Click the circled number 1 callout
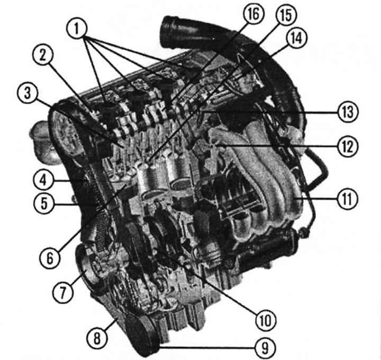coord(77,29)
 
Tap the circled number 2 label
coord(43,56)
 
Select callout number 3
coord(28,94)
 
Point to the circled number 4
coord(43,180)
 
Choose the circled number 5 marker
coord(44,204)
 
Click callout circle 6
coord(50,259)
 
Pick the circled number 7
coord(63,292)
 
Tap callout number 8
coord(97,338)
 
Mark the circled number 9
coord(265,348)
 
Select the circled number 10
coord(266,320)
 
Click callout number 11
coord(348,199)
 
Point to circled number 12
coord(348,146)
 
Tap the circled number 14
coord(297,38)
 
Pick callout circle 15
coord(286,15)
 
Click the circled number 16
coord(253,14)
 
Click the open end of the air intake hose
coord(168,32)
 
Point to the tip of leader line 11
coord(295,198)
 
